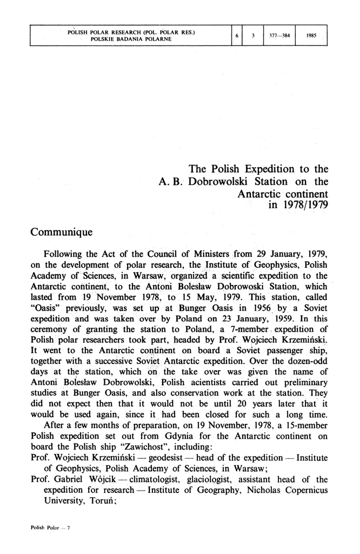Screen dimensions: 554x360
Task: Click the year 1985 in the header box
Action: click(311, 36)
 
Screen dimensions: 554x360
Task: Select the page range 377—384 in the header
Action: click(279, 36)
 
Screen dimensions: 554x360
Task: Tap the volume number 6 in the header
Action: click(237, 36)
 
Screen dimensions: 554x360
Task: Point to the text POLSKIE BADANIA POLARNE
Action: click(131, 39)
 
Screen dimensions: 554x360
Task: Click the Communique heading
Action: click(62, 232)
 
